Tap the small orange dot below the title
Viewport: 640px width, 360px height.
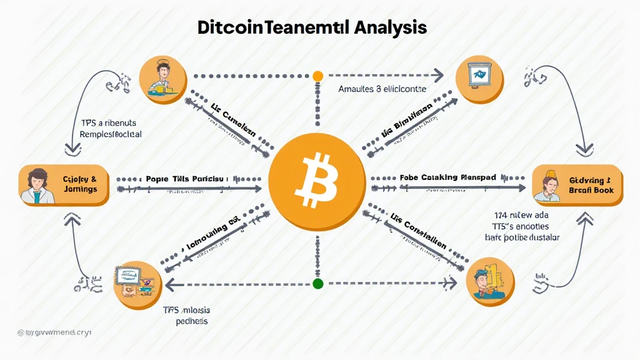pyautogui.click(x=317, y=76)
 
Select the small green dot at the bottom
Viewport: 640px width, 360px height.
pyautogui.click(x=317, y=284)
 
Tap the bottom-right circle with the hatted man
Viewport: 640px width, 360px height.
pyautogui.click(x=490, y=281)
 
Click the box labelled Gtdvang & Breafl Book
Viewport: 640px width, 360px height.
pyautogui.click(x=577, y=186)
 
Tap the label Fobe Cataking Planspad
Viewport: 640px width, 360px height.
pyautogui.click(x=447, y=177)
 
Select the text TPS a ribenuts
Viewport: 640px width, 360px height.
pyautogui.click(x=109, y=122)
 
